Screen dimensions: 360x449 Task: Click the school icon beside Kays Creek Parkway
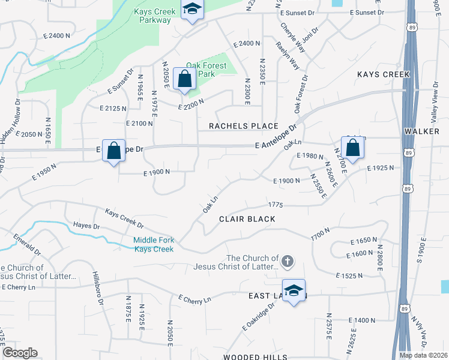click(193, 10)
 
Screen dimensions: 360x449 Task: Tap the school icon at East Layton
click(294, 291)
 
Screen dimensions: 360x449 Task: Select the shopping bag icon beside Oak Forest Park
click(184, 79)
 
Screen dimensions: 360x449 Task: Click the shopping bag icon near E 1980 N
click(352, 148)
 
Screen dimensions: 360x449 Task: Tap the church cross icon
click(288, 260)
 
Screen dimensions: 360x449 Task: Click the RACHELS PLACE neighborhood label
click(243, 126)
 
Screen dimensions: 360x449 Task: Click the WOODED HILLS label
click(250, 356)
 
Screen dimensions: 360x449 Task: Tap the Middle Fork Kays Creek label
click(154, 244)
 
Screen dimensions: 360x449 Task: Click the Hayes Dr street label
click(86, 226)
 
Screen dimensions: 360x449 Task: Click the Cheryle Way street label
click(291, 38)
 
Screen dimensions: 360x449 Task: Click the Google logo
click(20, 353)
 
